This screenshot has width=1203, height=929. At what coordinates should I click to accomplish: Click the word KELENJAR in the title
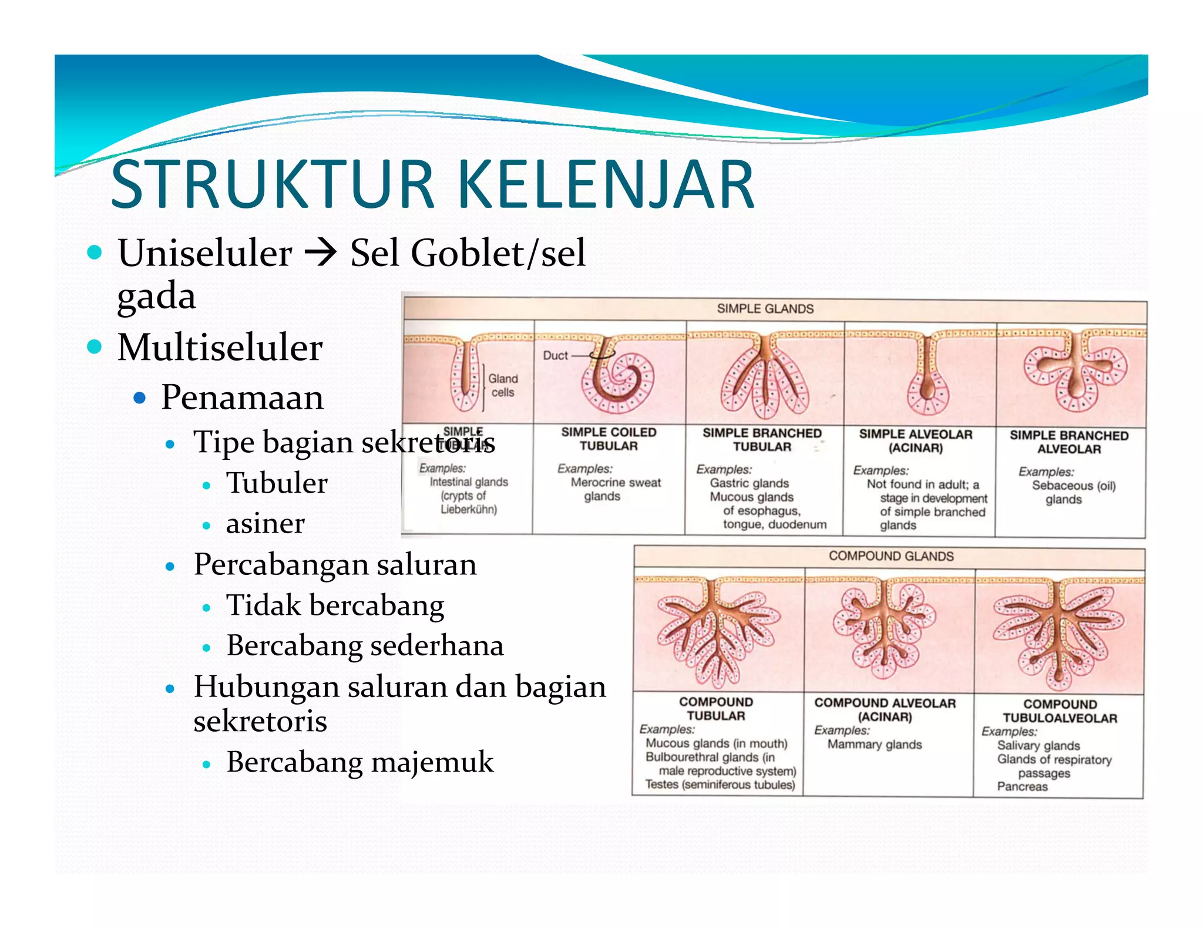tap(605, 185)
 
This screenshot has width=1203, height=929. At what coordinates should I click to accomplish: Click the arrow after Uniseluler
tap(321, 254)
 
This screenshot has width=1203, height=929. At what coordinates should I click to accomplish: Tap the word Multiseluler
tap(220, 347)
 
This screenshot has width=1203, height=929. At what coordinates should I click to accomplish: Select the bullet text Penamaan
tap(242, 398)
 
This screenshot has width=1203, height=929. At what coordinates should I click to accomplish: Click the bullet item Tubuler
tap(277, 483)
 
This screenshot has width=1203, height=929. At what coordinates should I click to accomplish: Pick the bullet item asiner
tap(265, 523)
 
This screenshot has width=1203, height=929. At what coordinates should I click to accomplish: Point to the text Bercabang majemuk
tap(359, 762)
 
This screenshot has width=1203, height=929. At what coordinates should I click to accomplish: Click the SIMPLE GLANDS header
tap(765, 309)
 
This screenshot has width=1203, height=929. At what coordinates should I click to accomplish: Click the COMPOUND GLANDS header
tap(891, 556)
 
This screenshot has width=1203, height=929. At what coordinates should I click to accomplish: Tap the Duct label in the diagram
tap(555, 356)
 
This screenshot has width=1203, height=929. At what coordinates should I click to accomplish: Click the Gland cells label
tap(503, 385)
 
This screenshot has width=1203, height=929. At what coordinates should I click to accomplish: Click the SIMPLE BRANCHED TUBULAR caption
tap(762, 440)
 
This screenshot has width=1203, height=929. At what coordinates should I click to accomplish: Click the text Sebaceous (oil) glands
tap(1073, 492)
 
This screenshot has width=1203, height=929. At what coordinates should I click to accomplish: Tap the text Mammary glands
tap(874, 745)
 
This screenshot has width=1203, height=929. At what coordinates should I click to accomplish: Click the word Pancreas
tap(1022, 787)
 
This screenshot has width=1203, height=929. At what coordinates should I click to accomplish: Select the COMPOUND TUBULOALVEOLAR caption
tap(1060, 711)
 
